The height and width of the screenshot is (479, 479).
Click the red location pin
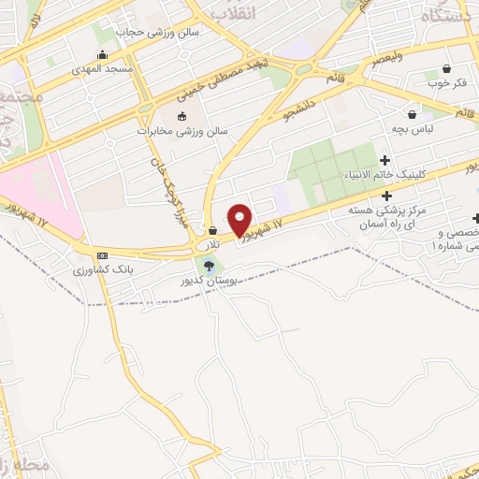(239, 219)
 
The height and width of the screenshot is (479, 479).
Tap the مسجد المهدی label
(106, 70)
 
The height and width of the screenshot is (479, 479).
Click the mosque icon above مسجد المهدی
(101, 54)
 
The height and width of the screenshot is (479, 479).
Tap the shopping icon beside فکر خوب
(446, 68)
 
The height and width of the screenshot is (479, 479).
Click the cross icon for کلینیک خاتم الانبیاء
(385, 161)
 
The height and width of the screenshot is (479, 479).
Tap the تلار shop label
(213, 244)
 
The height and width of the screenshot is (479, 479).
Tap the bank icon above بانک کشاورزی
(102, 254)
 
